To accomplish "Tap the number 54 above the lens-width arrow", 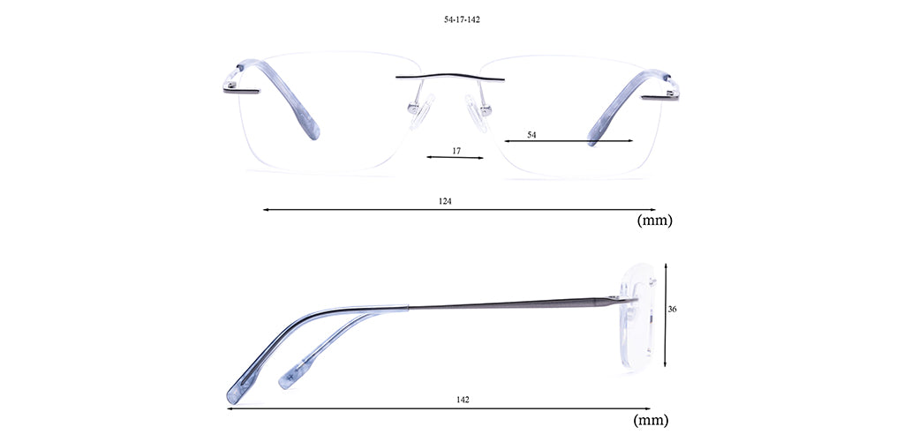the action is click(x=531, y=135).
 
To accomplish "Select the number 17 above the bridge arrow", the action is click(x=456, y=151).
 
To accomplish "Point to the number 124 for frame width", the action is click(x=445, y=201).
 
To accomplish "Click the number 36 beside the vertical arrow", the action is click(x=672, y=309).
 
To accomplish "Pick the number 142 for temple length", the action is click(x=463, y=400).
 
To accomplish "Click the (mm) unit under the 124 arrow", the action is click(x=654, y=221).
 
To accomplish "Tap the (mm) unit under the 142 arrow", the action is click(x=651, y=420).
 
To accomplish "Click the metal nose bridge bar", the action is click(x=449, y=77).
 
